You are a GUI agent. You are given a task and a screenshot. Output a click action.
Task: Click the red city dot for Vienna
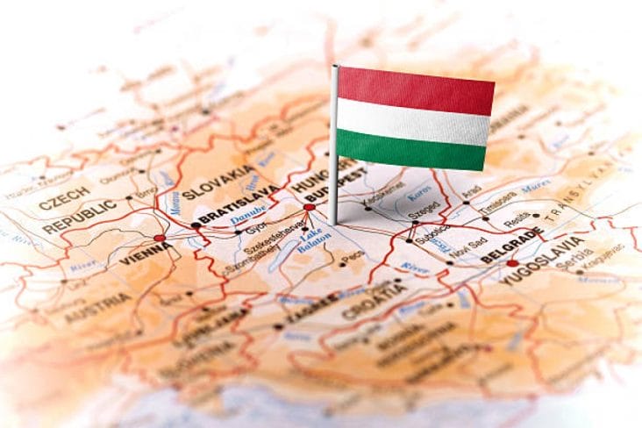point(159,238)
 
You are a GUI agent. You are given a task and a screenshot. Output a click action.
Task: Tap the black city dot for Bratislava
point(196,225)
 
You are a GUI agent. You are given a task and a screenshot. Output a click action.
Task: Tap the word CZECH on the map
point(63,195)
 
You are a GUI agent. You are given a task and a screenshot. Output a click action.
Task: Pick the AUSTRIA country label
point(97,308)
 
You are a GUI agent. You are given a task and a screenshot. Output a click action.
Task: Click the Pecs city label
point(353,260)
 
